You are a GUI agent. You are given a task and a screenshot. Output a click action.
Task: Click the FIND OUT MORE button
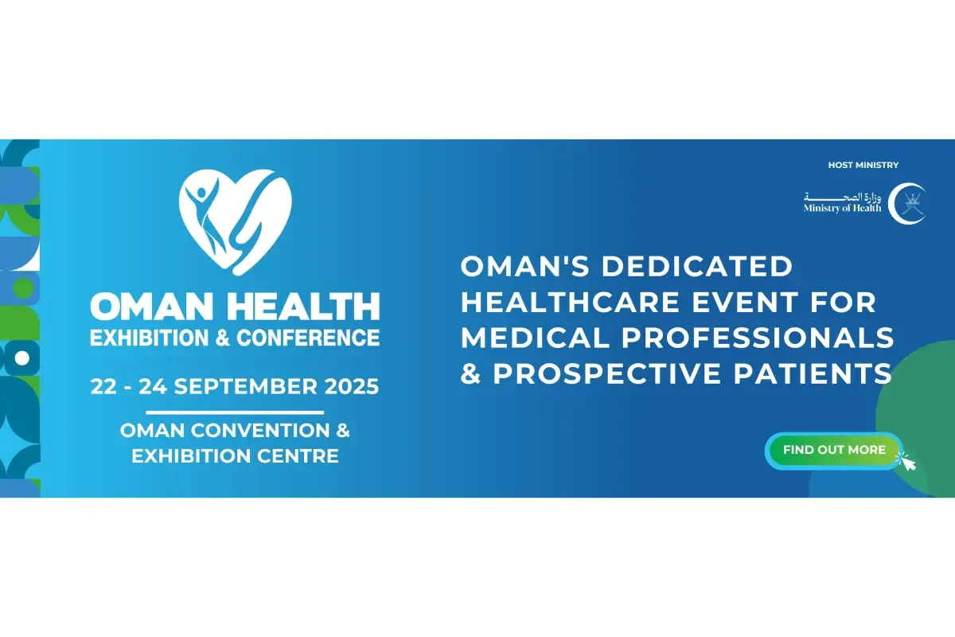click(834, 451)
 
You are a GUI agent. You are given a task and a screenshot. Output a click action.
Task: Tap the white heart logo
click(236, 222)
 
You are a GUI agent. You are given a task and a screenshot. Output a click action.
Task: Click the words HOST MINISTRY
click(863, 165)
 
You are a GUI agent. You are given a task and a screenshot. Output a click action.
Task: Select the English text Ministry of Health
click(842, 208)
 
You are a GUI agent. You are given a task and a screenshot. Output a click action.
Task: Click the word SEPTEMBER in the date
click(246, 386)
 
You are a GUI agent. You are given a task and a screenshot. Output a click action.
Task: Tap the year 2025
click(352, 386)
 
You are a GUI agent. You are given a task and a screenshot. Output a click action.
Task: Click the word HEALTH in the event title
click(303, 306)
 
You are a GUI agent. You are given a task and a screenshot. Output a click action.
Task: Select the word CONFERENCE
click(308, 338)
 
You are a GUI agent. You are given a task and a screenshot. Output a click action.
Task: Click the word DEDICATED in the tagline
click(697, 266)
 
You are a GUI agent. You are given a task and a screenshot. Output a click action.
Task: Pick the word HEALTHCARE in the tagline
click(571, 302)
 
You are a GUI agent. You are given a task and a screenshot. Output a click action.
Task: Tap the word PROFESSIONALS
click(757, 338)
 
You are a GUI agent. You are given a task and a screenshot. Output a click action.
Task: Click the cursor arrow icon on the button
click(907, 462)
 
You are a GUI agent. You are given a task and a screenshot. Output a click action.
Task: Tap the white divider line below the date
click(235, 412)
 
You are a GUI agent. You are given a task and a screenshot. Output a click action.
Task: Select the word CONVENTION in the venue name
click(260, 431)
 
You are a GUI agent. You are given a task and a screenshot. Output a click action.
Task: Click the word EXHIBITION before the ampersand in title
click(150, 338)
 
